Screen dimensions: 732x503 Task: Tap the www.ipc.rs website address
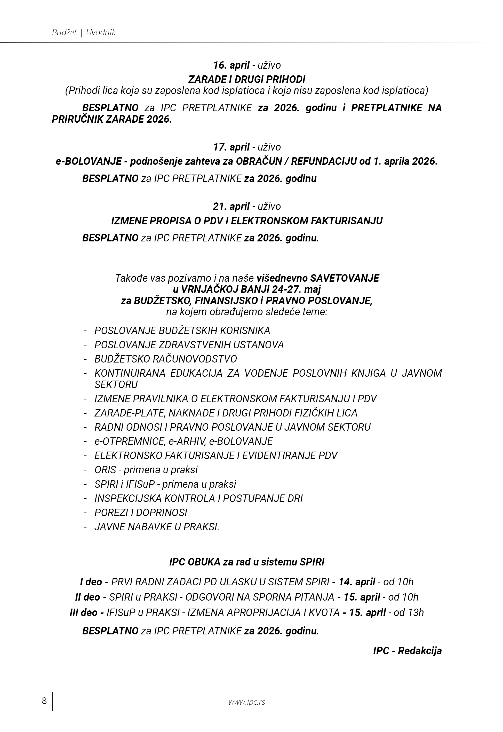tap(247, 702)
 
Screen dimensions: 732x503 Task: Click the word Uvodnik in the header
tap(101, 33)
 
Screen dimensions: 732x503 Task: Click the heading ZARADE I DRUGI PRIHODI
tap(247, 79)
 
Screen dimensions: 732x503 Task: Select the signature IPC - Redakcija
tap(407, 651)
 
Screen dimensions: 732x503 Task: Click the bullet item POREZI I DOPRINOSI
tap(141, 513)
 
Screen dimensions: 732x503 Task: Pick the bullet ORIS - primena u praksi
tap(146, 470)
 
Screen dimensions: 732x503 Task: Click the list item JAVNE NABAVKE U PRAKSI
tap(157, 527)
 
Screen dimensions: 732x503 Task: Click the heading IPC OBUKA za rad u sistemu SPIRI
tap(247, 562)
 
